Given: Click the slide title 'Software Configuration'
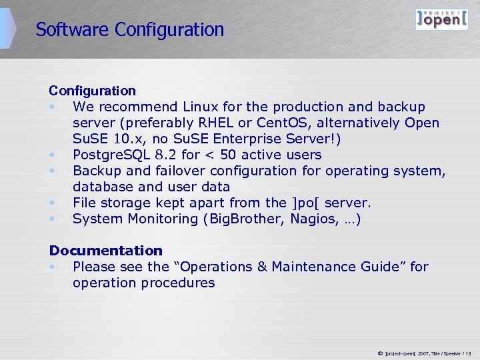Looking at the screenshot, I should coord(130,30).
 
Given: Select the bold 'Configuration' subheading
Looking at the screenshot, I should coord(92,91).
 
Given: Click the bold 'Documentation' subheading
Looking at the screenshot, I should coord(105,251).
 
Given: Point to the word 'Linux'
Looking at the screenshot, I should coord(200,107).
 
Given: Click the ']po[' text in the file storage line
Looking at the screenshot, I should coord(305,203).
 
